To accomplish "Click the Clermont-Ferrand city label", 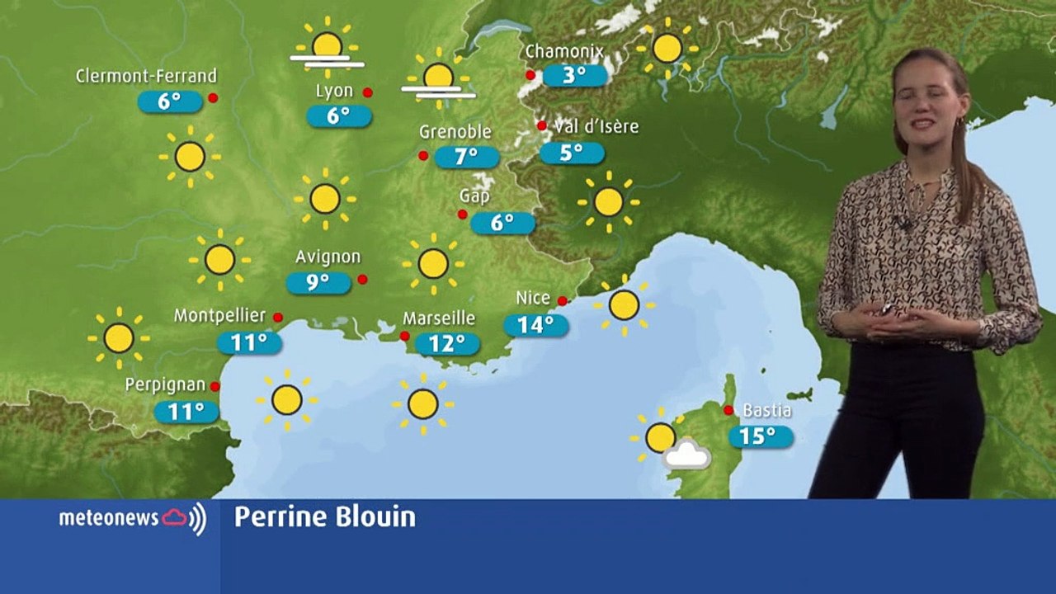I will tap(146, 76).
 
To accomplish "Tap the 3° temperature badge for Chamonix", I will tap(575, 75).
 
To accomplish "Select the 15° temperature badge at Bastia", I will tap(761, 436).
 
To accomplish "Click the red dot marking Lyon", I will tap(367, 92).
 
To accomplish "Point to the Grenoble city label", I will tap(455, 132).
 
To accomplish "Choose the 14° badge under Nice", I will tap(536, 325).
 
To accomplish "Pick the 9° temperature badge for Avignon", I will tap(318, 283).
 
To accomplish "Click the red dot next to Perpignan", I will tap(214, 386).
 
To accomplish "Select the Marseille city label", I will tap(439, 318).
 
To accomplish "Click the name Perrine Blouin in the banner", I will tap(324, 517).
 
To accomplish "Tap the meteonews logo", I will tap(132, 518).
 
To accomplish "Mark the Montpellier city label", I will tap(219, 315).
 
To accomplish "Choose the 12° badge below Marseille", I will tap(447, 343).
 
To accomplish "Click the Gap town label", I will tap(474, 196).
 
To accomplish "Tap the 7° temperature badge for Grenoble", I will tap(467, 157).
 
